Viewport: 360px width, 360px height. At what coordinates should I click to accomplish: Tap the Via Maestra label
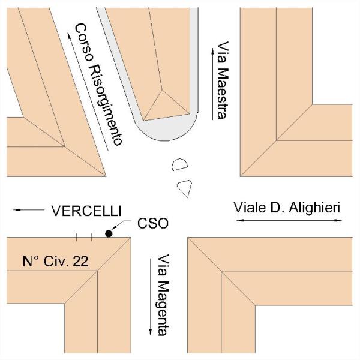(x=223, y=80)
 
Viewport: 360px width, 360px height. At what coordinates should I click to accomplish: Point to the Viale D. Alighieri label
(x=286, y=208)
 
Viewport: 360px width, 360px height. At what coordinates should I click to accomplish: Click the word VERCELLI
(x=86, y=211)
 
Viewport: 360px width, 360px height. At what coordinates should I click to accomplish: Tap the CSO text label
(x=154, y=223)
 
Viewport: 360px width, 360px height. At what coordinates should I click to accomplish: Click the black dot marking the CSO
(x=109, y=233)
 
